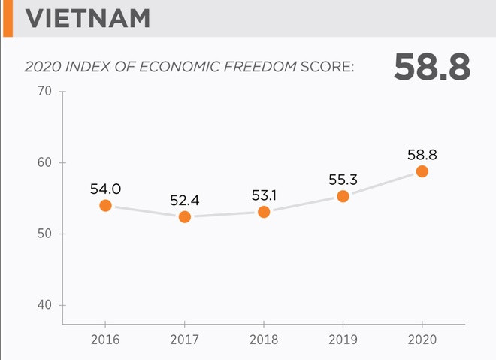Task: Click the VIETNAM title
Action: pyautogui.click(x=87, y=18)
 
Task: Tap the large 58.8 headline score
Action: pyautogui.click(x=431, y=68)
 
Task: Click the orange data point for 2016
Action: pyautogui.click(x=105, y=205)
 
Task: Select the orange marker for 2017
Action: pyautogui.click(x=185, y=216)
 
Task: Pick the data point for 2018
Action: pyautogui.click(x=264, y=212)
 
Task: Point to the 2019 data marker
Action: pyautogui.click(x=343, y=196)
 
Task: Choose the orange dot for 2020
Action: pyautogui.click(x=422, y=171)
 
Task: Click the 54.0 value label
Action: pyautogui.click(x=105, y=189)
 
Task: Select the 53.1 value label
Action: pyautogui.click(x=264, y=195)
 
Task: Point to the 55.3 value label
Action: pyautogui.click(x=343, y=180)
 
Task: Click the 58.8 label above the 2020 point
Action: pyautogui.click(x=422, y=155)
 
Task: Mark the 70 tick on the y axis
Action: pyautogui.click(x=44, y=92)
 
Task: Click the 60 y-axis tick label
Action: pyautogui.click(x=44, y=163)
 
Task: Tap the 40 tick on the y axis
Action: pyautogui.click(x=44, y=305)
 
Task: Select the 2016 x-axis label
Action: pyautogui.click(x=105, y=340)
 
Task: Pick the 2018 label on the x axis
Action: pyautogui.click(x=264, y=340)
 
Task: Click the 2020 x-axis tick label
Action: pyautogui.click(x=422, y=340)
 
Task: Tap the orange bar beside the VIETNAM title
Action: pyautogui.click(x=6, y=18)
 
